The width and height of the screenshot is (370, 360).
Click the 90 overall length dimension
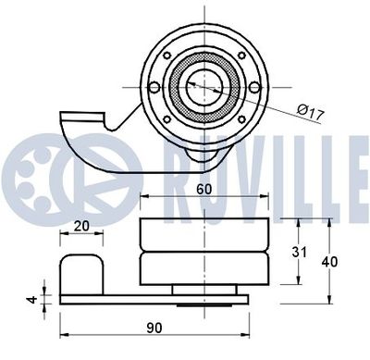point(154,327)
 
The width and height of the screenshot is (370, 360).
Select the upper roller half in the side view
point(202,235)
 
